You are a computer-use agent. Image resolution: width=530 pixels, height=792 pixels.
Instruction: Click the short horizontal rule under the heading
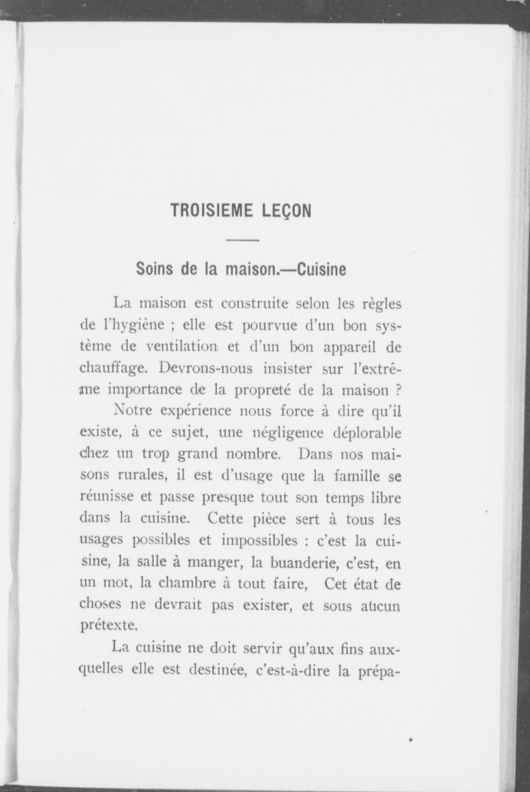click(x=243, y=240)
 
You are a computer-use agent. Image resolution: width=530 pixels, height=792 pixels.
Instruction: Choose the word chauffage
click(x=114, y=368)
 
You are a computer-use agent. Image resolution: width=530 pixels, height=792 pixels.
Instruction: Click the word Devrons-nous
click(x=206, y=368)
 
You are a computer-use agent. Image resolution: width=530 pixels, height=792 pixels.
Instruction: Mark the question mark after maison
click(x=397, y=390)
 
